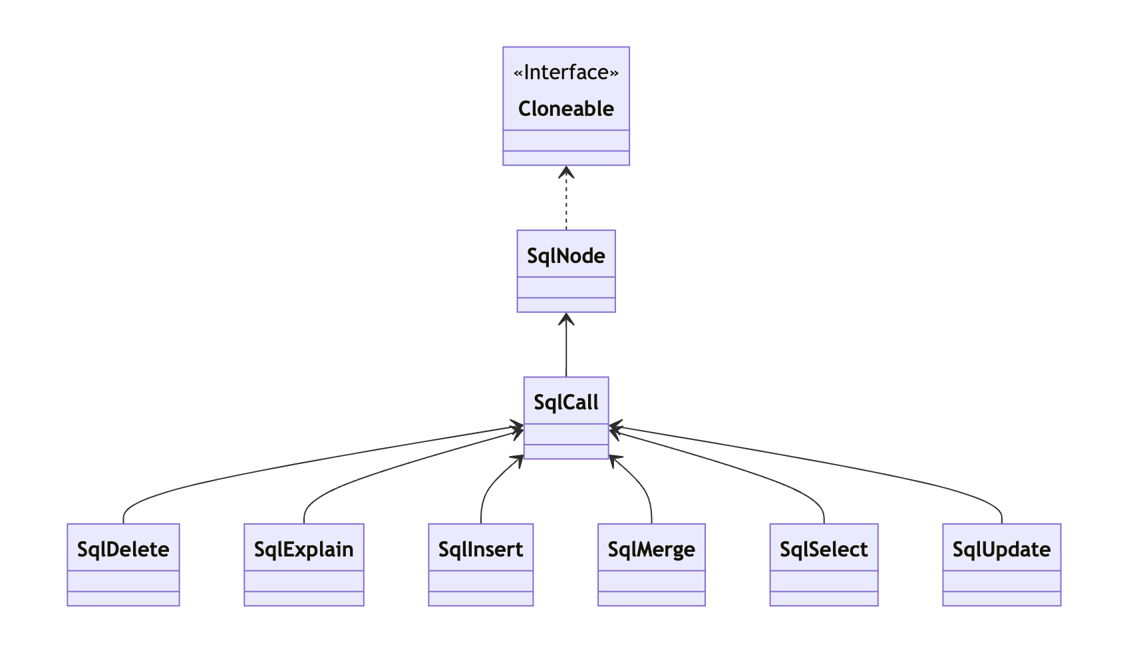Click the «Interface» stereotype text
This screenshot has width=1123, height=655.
pos(565,73)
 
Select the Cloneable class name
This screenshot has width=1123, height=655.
pos(565,109)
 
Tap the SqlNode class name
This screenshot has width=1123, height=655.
pos(565,256)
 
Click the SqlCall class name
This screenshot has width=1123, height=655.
pos(565,402)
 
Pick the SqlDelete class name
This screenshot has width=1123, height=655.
pos(123,549)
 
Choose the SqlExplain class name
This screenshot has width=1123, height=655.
pos(303,549)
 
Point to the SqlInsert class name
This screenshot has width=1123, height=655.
pos(480,549)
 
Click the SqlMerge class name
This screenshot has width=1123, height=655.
pos(651,549)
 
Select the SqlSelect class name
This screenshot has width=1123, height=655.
pos(824,549)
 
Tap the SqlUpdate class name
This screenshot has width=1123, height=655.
pos(1001,549)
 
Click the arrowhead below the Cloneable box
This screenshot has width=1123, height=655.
pos(566,172)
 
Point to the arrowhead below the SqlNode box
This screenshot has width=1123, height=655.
pos(566,318)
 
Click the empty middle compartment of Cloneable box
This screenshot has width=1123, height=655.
pos(565,140)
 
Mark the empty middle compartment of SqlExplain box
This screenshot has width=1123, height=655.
pos(303,580)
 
